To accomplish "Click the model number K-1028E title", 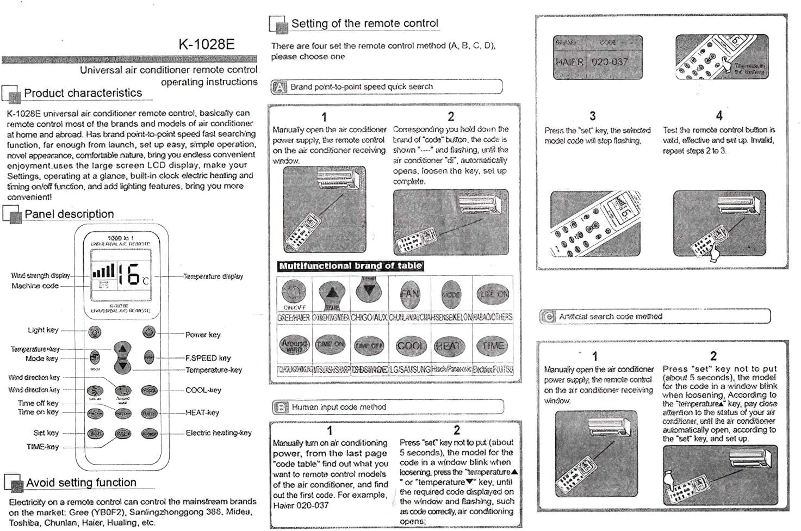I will point(206,44).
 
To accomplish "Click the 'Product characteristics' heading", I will point(83,93).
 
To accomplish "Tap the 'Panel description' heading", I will point(69,214).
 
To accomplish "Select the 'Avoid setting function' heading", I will point(81,483).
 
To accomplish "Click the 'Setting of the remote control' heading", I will point(364,23).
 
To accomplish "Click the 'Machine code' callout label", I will point(35,286).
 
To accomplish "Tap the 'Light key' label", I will point(43,330).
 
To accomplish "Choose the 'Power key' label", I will point(203,335).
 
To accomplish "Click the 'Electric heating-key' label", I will point(219,433).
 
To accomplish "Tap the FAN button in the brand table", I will point(409,293).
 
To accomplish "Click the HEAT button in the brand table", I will point(448,345).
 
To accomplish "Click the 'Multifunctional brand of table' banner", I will point(350,266).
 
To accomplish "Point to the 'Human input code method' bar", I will point(339,407).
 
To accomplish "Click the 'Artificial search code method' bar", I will point(610,316).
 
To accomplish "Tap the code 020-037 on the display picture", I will point(610,62).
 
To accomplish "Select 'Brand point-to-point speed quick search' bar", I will point(361,87).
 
